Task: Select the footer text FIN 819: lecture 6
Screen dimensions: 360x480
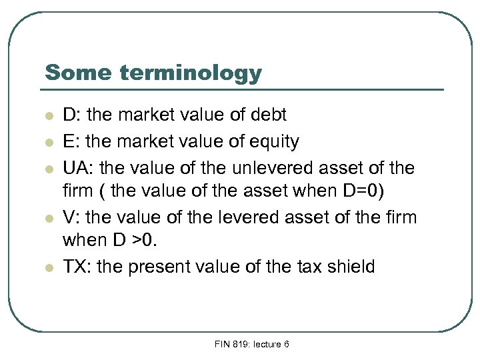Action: [251, 344]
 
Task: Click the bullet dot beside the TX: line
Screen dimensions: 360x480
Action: [49, 267]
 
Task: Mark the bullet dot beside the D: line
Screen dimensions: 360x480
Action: [49, 115]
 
